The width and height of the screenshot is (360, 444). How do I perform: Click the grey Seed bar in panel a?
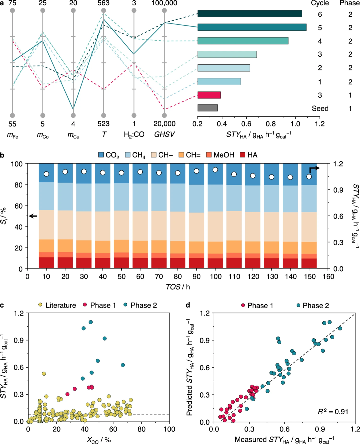pos(207,108)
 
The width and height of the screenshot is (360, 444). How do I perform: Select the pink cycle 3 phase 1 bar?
pos(209,95)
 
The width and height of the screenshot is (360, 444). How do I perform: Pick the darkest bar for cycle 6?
pos(250,14)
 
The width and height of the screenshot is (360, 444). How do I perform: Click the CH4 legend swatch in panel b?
pos(128,155)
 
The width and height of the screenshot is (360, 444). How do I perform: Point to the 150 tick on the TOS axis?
pos(310,277)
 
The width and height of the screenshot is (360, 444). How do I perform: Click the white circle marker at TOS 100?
pos(215,170)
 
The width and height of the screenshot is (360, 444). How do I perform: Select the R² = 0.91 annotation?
pos(333,412)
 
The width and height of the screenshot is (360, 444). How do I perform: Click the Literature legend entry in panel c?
pos(57,305)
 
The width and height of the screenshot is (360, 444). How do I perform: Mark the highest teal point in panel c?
pos(91,322)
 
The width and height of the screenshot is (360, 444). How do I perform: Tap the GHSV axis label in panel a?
pos(164,134)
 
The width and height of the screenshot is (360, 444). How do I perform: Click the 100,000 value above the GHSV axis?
pos(164,3)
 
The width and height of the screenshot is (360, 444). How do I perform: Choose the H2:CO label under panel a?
pos(134,134)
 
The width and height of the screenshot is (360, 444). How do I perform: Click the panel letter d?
pos(188,305)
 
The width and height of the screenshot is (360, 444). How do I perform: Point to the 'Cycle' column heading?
pos(320,3)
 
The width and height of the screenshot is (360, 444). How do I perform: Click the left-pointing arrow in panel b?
pos(33,216)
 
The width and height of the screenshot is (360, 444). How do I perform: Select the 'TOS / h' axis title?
pos(178,287)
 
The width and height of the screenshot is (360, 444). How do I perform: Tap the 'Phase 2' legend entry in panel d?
pos(312,306)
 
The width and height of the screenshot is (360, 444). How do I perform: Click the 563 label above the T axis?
pos(103,3)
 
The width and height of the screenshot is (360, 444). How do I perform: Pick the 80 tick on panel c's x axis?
pos(141,429)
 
